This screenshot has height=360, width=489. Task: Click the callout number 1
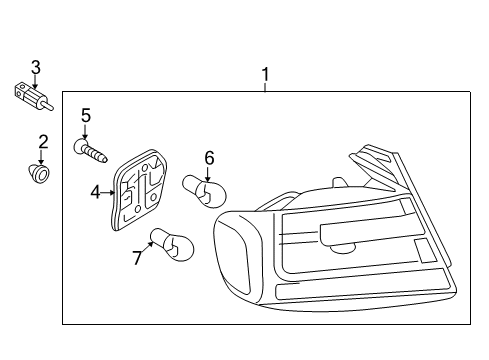click(x=265, y=75)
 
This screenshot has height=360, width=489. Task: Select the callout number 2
click(x=43, y=142)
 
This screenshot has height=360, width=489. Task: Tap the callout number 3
click(x=36, y=67)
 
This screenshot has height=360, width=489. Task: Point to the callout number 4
click(x=95, y=192)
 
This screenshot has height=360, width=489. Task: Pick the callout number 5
click(x=86, y=115)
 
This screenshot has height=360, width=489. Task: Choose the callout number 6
click(x=209, y=158)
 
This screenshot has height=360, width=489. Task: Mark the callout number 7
click(x=137, y=258)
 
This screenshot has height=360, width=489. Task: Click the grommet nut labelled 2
click(x=40, y=174)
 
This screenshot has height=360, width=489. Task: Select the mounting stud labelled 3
click(x=33, y=97)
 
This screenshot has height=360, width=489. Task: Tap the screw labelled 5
click(x=90, y=151)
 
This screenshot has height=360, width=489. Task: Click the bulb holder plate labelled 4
click(x=138, y=190)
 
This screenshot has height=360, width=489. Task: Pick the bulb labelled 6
click(x=204, y=191)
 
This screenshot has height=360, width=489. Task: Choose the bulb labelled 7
click(x=172, y=244)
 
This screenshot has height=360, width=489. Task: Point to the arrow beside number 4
click(x=107, y=192)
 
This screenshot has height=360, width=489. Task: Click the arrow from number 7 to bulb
click(x=147, y=247)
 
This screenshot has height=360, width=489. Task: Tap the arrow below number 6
click(x=208, y=174)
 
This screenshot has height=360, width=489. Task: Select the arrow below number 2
click(x=41, y=157)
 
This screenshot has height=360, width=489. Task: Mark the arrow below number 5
click(x=85, y=131)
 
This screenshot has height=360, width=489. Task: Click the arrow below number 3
click(x=35, y=82)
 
